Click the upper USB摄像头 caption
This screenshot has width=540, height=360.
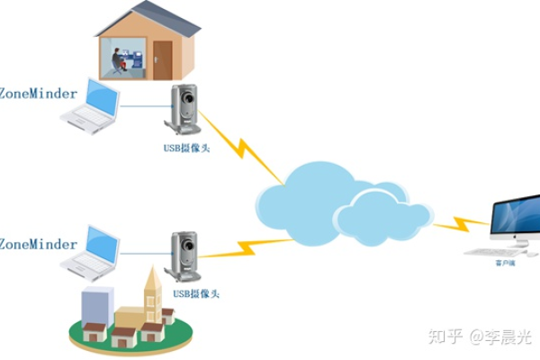[186, 148]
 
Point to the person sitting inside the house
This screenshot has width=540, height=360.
[118, 59]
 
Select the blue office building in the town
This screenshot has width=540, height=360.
[96, 306]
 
